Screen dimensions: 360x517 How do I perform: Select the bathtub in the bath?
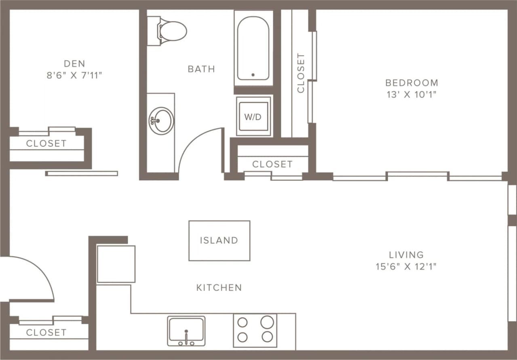253,48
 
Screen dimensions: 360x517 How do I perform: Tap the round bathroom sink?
162,120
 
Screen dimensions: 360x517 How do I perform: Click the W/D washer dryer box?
253,116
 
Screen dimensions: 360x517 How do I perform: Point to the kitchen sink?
186,330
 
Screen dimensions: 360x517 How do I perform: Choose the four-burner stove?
255,330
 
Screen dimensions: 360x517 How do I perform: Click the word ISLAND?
219,240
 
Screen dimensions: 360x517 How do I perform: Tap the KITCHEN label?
219,288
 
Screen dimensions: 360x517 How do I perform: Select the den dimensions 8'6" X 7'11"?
74,75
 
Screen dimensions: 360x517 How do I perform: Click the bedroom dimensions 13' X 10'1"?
411,95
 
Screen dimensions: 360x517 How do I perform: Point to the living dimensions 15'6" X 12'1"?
406,266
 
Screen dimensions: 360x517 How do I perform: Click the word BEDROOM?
411,83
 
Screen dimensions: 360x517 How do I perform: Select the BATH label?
201,69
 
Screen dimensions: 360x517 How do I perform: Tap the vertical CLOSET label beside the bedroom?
301,73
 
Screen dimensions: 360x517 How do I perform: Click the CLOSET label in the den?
46,143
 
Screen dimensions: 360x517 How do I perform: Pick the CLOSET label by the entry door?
46,333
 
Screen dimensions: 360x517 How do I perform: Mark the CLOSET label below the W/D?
272,164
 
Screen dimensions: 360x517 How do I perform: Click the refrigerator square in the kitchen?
116,264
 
